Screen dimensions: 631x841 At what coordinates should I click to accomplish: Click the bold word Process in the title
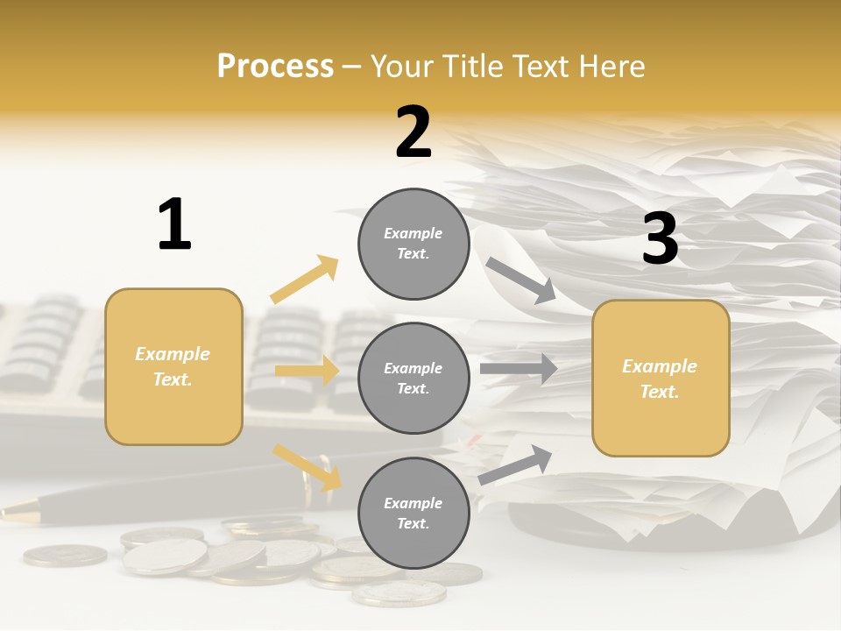pyautogui.click(x=275, y=66)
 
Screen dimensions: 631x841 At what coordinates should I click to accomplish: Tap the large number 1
pyautogui.click(x=174, y=224)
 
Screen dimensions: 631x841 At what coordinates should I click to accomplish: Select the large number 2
pyautogui.click(x=413, y=132)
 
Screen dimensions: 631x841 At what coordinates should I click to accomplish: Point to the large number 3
pyautogui.click(x=660, y=239)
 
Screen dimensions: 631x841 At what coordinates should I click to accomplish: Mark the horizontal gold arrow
pyautogui.click(x=307, y=371)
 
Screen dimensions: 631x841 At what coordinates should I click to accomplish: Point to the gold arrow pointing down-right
pyautogui.click(x=307, y=467)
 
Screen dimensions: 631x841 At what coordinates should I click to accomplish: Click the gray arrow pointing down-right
pyautogui.click(x=521, y=280)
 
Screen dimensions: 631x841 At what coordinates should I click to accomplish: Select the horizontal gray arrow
pyautogui.click(x=519, y=369)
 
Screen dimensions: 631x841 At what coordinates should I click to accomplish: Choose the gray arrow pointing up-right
pyautogui.click(x=515, y=464)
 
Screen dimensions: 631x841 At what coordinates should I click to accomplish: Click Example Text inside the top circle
pyautogui.click(x=413, y=244)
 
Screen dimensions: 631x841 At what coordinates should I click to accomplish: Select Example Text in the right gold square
pyautogui.click(x=661, y=379)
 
